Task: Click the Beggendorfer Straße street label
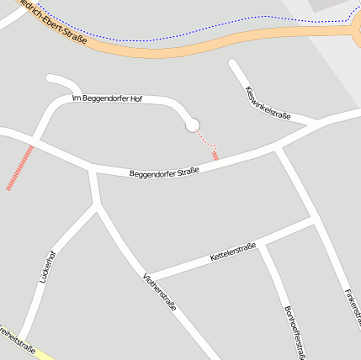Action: (x=164, y=173)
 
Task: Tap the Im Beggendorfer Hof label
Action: (x=108, y=99)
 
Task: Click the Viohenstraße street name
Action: (x=159, y=292)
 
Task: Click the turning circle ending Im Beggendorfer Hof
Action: (x=193, y=125)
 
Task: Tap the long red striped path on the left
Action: (x=20, y=167)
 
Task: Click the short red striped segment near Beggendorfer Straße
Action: (x=215, y=155)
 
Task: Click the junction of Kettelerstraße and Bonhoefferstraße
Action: (x=262, y=245)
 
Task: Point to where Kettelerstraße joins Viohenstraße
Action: (x=148, y=277)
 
